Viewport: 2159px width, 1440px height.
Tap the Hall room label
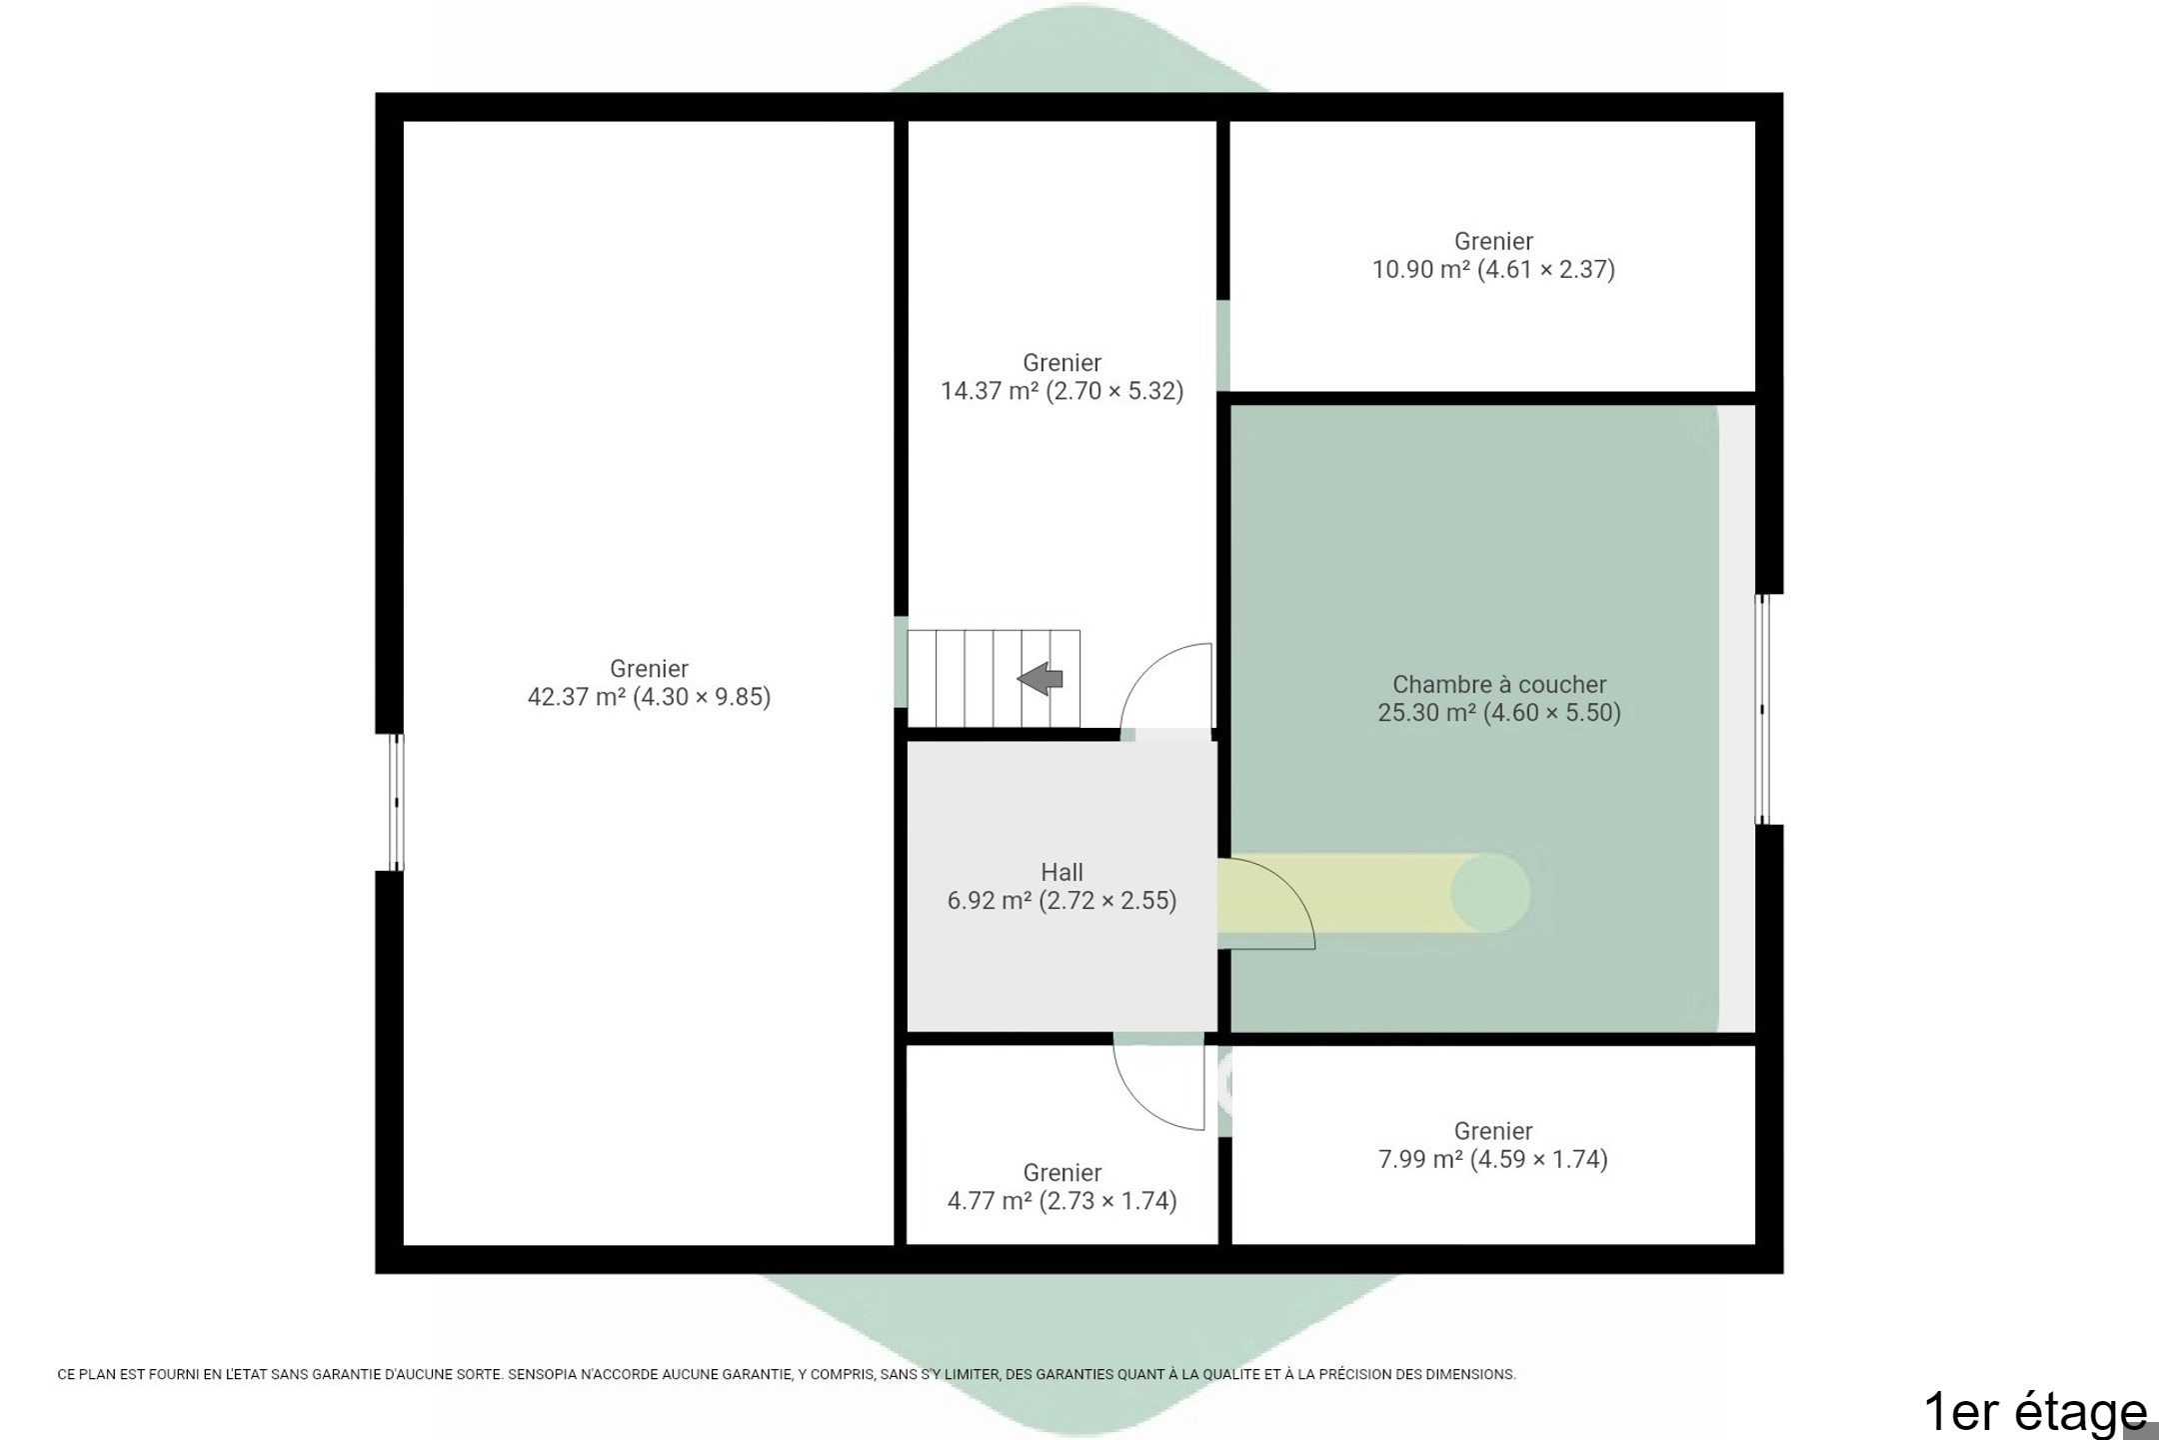[1062, 872]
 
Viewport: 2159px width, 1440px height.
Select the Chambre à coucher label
[1499, 685]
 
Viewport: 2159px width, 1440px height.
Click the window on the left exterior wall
[396, 802]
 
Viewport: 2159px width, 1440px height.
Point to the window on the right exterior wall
[1762, 709]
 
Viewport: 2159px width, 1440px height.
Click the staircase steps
[994, 678]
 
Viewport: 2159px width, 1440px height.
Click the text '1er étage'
[2034, 1411]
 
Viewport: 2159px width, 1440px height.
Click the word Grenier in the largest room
[649, 669]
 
